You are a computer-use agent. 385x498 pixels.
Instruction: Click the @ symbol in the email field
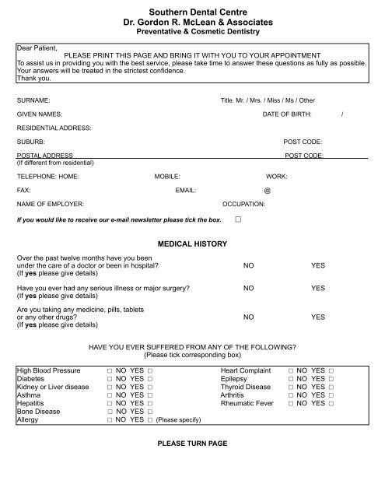268,190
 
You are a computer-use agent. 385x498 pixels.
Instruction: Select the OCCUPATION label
244,203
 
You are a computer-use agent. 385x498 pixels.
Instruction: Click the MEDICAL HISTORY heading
192,244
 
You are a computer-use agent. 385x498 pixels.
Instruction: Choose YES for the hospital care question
318,265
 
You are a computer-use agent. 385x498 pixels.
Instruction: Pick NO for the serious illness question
248,289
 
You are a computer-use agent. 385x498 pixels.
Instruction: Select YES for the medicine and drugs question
318,317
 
